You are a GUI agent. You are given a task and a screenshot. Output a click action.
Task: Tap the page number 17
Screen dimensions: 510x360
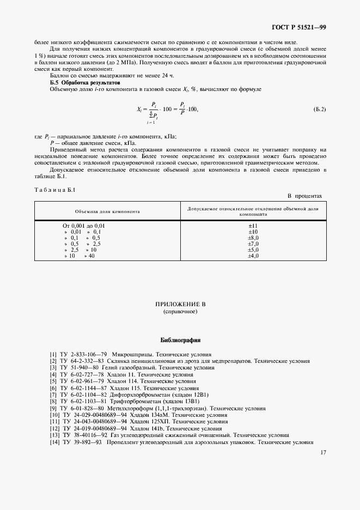(x=323, y=452)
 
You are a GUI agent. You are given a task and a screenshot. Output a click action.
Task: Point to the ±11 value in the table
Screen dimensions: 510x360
(x=253, y=226)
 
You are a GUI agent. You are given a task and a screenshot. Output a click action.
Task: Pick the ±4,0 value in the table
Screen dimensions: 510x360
(x=253, y=256)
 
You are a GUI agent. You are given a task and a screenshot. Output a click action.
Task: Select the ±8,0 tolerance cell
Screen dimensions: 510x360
(x=253, y=238)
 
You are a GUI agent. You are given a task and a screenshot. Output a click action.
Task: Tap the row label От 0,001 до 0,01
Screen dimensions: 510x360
(x=84, y=226)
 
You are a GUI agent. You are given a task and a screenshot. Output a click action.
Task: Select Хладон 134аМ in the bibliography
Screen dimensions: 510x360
(x=144, y=415)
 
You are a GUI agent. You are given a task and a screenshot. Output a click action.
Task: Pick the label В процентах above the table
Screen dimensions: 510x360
(x=305, y=195)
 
